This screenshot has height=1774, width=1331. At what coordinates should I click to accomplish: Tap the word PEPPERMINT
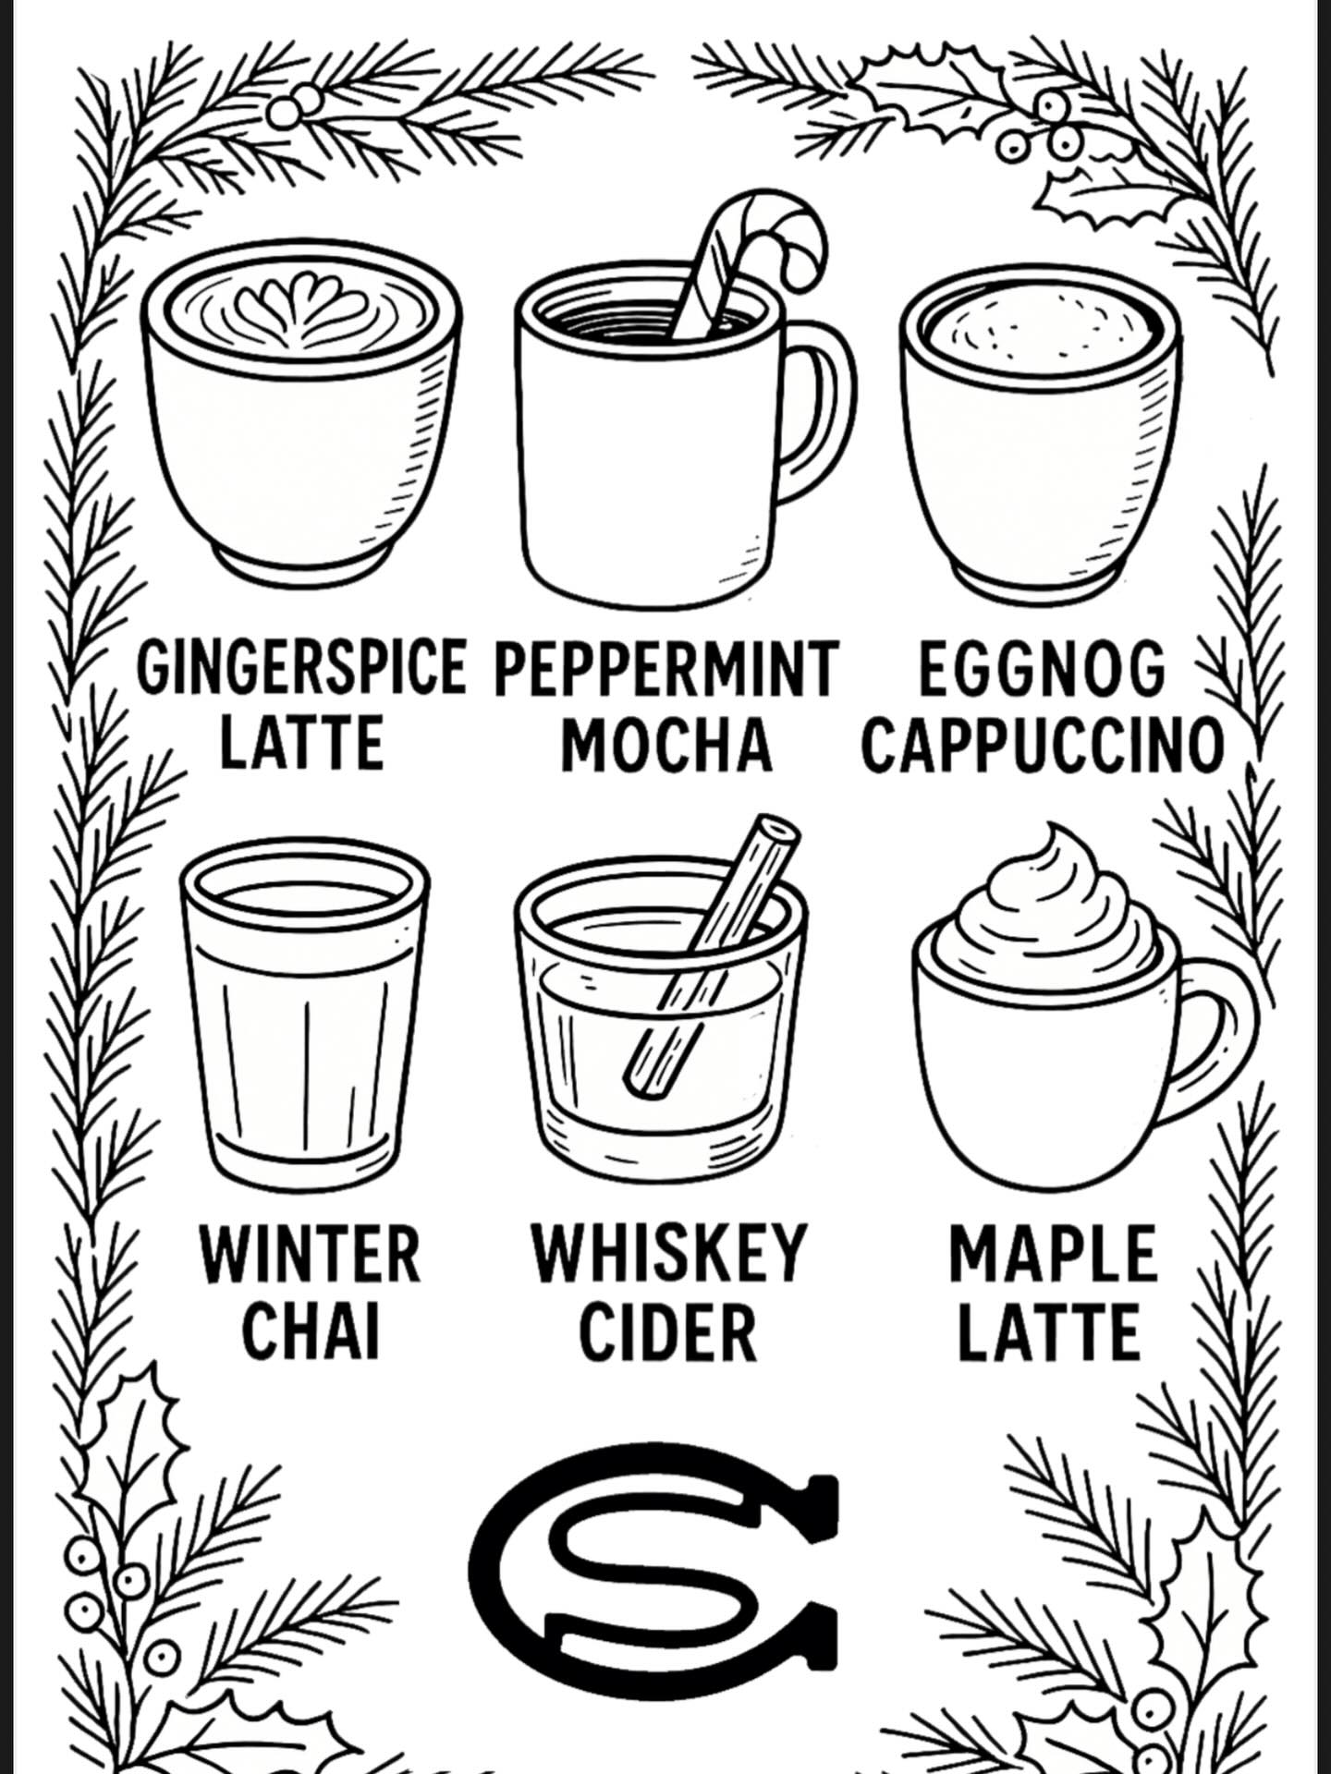pos(665,668)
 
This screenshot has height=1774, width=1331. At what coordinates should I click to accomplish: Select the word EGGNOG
pos(1042,668)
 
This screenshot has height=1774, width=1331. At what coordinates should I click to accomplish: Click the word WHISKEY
pos(669,1253)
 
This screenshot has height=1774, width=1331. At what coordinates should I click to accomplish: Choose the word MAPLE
pos(1052,1253)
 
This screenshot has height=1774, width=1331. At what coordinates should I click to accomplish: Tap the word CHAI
pos(311,1331)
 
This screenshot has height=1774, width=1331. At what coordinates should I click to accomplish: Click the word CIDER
pos(667,1331)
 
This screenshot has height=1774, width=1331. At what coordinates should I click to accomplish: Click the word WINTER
pos(311,1253)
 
